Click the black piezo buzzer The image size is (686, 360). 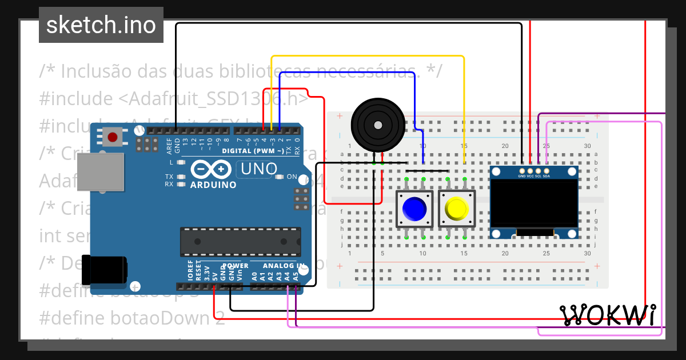[377, 125]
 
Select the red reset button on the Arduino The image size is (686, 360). [113, 137]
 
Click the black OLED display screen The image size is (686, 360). [535, 203]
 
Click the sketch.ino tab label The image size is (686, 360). [101, 25]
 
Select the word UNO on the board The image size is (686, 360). [259, 169]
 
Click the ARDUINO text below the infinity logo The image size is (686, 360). [213, 185]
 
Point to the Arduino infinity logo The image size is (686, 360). [208, 170]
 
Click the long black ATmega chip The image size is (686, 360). [240, 242]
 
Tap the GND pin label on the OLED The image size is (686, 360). [521, 177]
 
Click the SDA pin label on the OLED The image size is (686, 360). [547, 177]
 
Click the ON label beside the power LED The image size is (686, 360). [292, 177]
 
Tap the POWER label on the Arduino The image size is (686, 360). [236, 266]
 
